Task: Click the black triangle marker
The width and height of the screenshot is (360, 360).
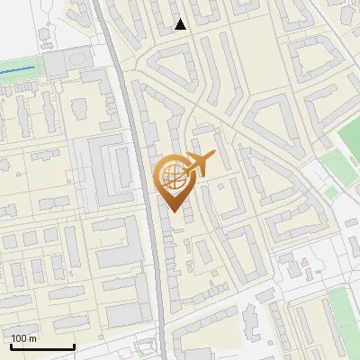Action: pos(180,24)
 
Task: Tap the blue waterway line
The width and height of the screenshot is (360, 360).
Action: pos(18,69)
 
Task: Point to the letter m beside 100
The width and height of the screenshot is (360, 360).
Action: pos(33,338)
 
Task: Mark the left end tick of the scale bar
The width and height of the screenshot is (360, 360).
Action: pos(11,346)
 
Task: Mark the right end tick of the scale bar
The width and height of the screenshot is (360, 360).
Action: pos(74,346)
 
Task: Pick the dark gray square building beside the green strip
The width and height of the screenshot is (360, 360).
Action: pos(56,64)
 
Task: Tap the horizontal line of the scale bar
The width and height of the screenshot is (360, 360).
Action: pos(42,347)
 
